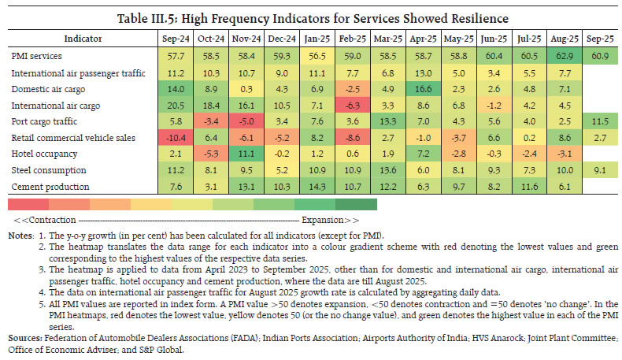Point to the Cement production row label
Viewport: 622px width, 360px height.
(x=44, y=186)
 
